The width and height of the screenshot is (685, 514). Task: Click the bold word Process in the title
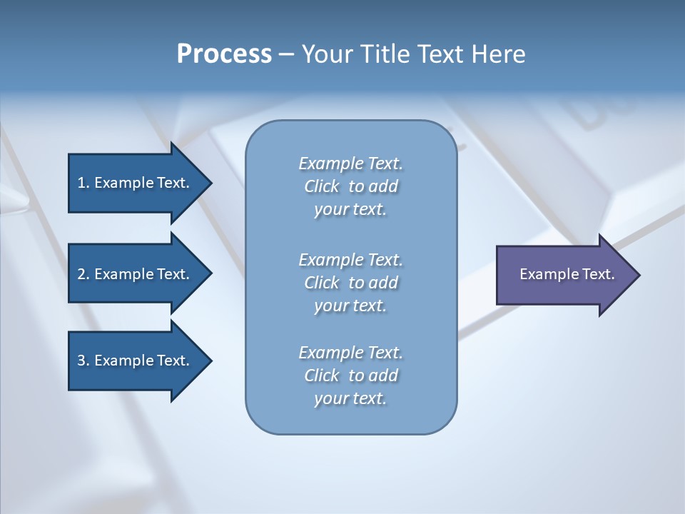tap(224, 54)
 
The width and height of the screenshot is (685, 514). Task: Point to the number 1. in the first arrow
tap(83, 183)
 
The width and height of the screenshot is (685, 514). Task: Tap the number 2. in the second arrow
tap(83, 274)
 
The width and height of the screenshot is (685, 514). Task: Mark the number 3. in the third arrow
tap(83, 361)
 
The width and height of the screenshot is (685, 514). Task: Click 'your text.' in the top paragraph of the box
tap(350, 210)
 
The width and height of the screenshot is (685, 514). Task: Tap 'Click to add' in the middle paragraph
tap(350, 283)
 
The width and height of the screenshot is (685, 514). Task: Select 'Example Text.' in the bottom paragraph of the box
tap(350, 353)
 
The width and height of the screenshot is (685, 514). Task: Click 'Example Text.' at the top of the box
tap(350, 163)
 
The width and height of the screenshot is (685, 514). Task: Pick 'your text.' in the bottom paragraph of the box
tap(350, 398)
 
